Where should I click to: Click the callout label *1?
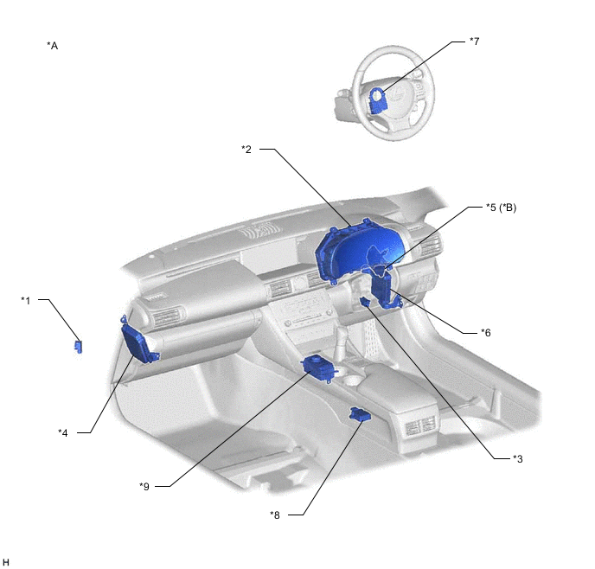pyautogui.click(x=25, y=300)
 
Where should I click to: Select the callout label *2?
pyautogui.click(x=246, y=150)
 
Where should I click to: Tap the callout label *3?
pyautogui.click(x=517, y=459)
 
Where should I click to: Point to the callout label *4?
pyautogui.click(x=63, y=433)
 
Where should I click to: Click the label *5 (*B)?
pyautogui.click(x=502, y=208)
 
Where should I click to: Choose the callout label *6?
pyautogui.click(x=486, y=333)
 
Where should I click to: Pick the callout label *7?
pyautogui.click(x=474, y=41)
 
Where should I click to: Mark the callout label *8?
pyautogui.click(x=275, y=515)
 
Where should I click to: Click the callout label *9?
pyautogui.click(x=144, y=486)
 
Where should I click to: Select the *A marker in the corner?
pyautogui.click(x=53, y=46)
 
